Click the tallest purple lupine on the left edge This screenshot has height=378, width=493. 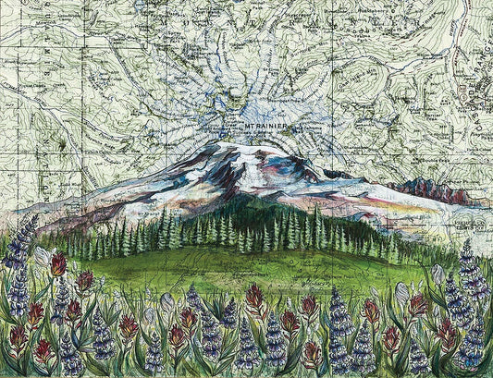[x=20, y=243]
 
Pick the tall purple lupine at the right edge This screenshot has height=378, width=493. [x=473, y=268]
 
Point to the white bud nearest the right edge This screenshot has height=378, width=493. [x=438, y=274]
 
